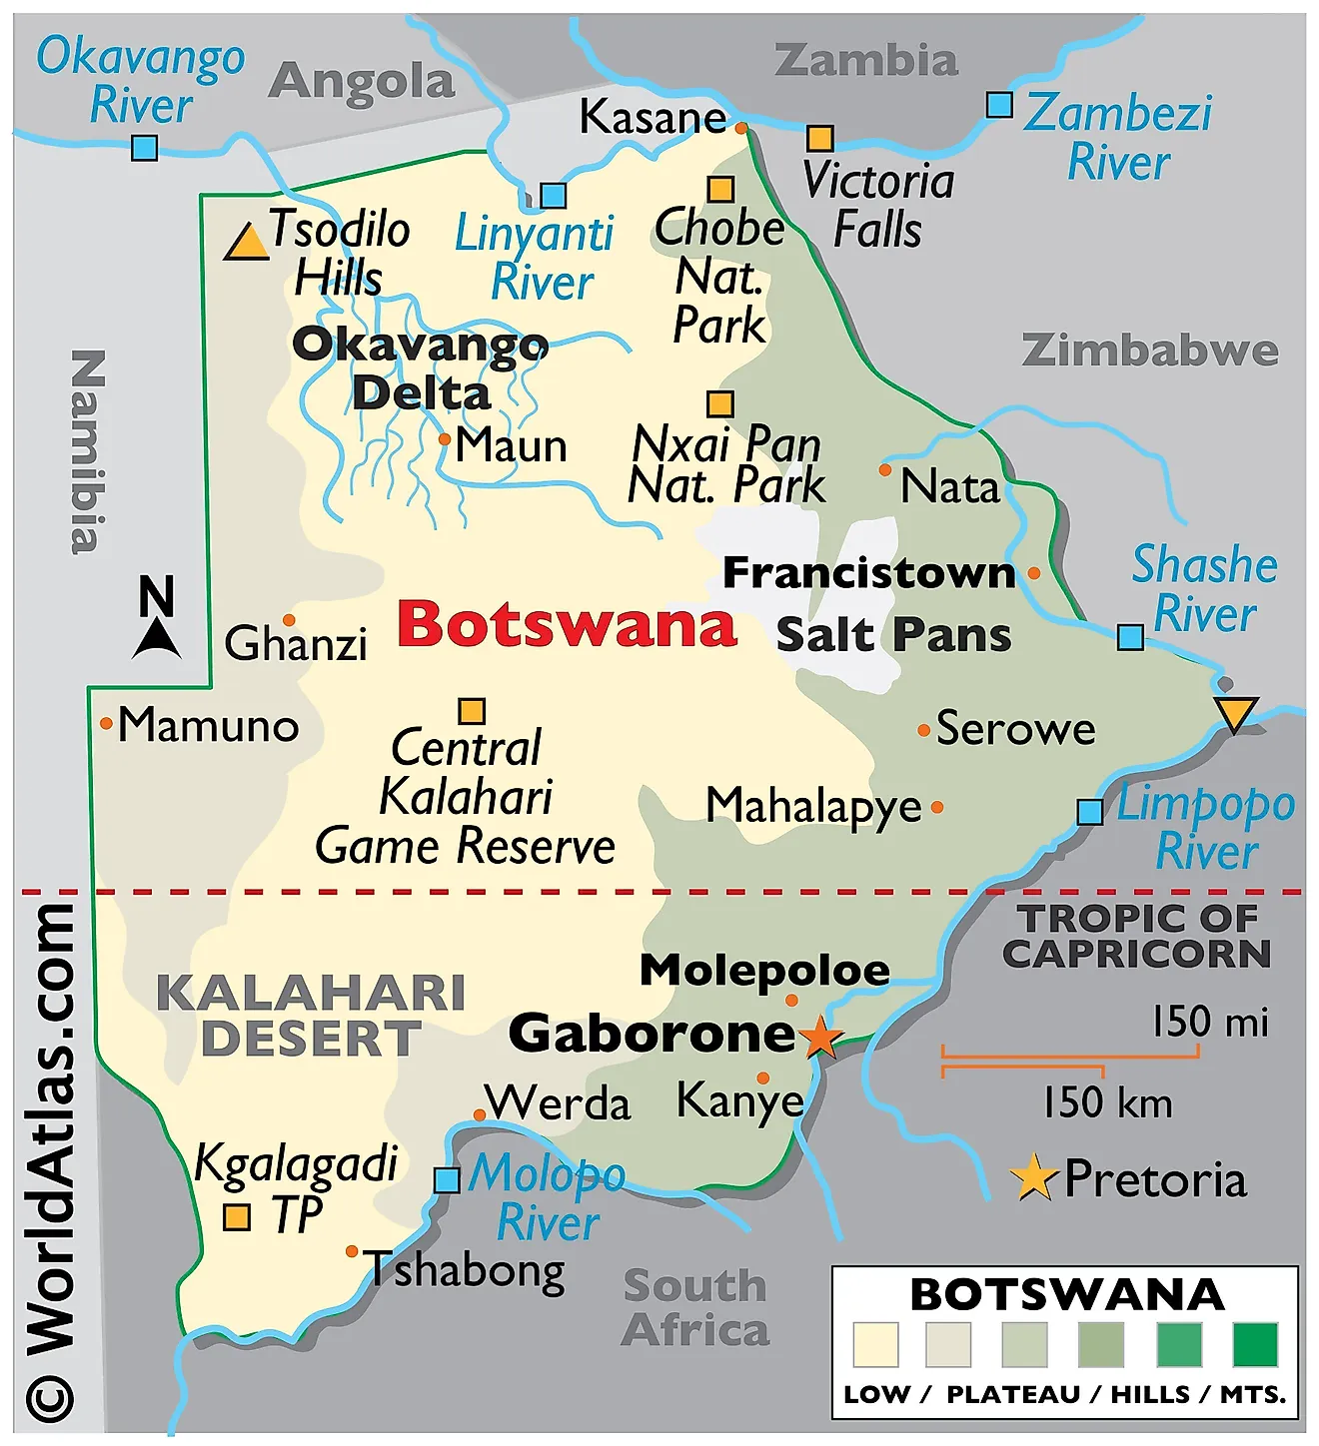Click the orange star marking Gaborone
(x=820, y=1037)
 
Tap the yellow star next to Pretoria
(x=1033, y=1177)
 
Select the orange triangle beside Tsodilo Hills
(x=246, y=244)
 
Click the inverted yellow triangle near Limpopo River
(x=1235, y=713)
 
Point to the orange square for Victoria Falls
(x=819, y=138)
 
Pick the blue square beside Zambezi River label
(x=999, y=105)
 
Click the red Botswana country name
(x=567, y=625)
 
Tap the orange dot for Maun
(x=445, y=438)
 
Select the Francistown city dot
(x=1033, y=573)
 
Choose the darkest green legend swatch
(x=1255, y=1344)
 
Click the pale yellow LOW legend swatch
(x=875, y=1344)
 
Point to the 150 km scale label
(x=1107, y=1103)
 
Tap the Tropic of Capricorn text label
(x=1137, y=936)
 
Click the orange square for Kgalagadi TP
(x=237, y=1217)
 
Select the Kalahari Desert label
(x=311, y=1016)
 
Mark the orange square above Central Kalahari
(x=472, y=711)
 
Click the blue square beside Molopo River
(x=447, y=1179)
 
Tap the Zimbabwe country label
(x=1149, y=351)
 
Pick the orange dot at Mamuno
(x=106, y=723)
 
